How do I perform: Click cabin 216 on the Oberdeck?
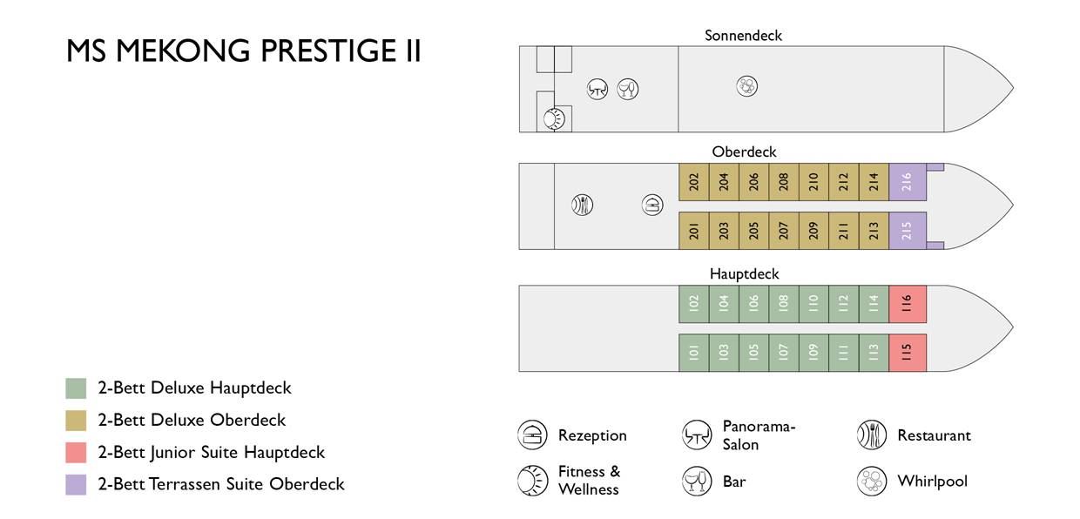point(908,182)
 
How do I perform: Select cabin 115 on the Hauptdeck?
point(908,353)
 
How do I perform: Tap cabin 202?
point(694,182)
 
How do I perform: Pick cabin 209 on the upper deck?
point(813,231)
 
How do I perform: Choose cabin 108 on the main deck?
point(784,304)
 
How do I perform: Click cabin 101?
point(694,353)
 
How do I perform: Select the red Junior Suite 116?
point(908,304)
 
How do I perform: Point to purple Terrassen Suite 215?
point(908,231)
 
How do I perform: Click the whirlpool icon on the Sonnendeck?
point(746,86)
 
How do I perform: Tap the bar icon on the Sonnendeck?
point(628,89)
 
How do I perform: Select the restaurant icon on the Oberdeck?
point(582,206)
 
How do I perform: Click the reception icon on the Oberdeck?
point(652,206)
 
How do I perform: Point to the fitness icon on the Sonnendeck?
point(554,118)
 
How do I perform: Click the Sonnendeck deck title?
point(743,36)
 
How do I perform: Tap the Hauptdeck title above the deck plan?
point(744,274)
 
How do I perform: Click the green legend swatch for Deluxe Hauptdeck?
point(76,388)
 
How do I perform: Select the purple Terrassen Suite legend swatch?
point(76,485)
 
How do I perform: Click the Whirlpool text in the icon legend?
point(932,481)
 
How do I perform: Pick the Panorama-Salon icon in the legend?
point(696,435)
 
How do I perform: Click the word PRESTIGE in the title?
point(327,51)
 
